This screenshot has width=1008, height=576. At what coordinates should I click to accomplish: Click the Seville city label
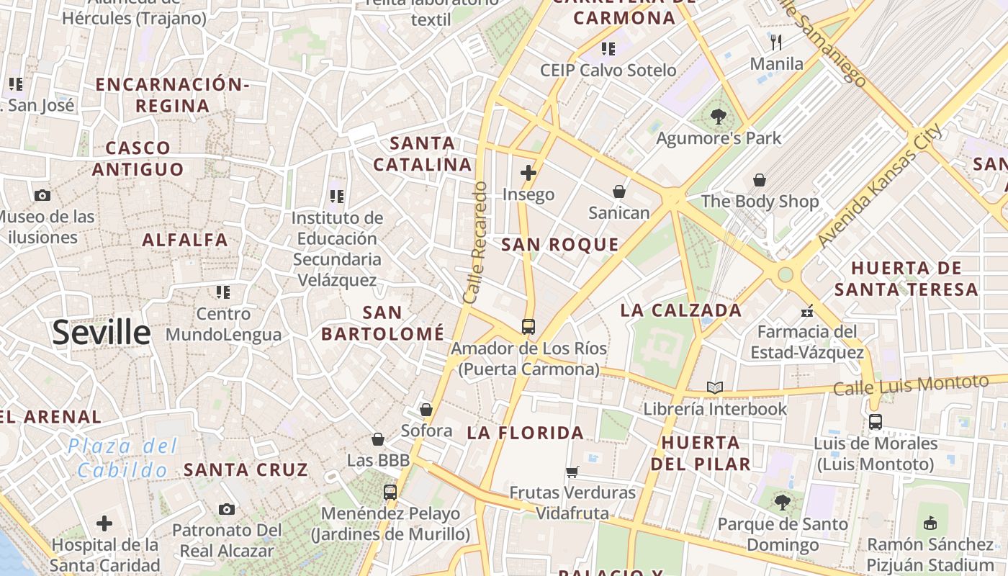(x=102, y=333)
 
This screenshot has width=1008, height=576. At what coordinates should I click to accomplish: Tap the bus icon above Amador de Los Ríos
(x=528, y=326)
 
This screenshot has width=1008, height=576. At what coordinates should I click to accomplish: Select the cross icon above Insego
(x=528, y=173)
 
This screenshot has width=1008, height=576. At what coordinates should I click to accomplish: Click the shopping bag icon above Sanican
(x=618, y=192)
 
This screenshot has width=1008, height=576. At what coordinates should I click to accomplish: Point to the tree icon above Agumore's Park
(x=718, y=116)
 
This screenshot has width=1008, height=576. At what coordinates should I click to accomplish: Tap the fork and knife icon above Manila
(x=776, y=42)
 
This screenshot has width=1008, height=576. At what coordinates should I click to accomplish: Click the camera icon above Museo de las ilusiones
(x=42, y=195)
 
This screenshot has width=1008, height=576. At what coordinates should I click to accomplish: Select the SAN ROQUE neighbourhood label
(x=559, y=245)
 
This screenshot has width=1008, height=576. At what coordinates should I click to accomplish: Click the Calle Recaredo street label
(x=475, y=242)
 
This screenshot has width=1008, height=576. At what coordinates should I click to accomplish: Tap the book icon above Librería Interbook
(x=714, y=387)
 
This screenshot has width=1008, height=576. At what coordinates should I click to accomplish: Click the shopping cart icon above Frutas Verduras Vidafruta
(x=572, y=472)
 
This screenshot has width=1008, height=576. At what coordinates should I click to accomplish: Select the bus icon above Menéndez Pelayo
(x=390, y=492)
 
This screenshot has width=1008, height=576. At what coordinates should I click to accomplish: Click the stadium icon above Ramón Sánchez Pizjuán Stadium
(x=930, y=522)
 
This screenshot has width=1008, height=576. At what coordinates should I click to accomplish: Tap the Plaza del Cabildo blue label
(x=122, y=459)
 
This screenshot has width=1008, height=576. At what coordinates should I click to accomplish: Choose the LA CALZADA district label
(x=680, y=310)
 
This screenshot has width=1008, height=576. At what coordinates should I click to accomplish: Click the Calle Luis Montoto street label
(x=910, y=384)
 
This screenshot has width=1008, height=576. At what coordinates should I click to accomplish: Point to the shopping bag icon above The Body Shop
(x=760, y=179)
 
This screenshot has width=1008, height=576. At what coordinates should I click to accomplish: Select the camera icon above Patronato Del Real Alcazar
(x=227, y=509)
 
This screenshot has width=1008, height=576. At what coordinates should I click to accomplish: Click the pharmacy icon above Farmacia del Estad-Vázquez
(x=807, y=310)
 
